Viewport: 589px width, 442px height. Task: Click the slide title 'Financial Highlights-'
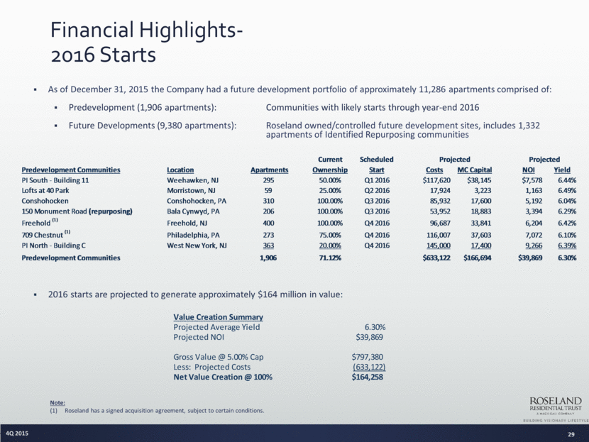(x=146, y=30)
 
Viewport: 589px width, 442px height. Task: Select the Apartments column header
(x=270, y=170)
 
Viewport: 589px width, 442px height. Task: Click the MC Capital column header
(x=475, y=170)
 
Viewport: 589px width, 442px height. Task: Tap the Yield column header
(x=562, y=170)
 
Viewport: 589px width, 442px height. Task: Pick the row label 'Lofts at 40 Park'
(x=45, y=190)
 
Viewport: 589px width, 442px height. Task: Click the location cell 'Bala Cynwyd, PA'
(x=193, y=211)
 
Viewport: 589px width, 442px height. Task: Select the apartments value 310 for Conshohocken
(x=268, y=201)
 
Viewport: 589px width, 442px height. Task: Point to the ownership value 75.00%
(x=330, y=235)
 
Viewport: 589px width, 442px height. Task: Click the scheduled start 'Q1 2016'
(x=377, y=180)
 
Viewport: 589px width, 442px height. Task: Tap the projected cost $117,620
(x=436, y=180)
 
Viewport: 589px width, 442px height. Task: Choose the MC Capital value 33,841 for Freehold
(x=481, y=223)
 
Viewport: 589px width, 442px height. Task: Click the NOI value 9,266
(x=534, y=245)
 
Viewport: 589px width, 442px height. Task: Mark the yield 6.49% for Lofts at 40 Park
(x=567, y=190)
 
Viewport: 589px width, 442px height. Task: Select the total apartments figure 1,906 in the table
(x=268, y=258)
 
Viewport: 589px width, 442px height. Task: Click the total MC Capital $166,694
(x=478, y=258)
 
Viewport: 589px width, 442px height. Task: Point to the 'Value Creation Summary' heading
(x=219, y=317)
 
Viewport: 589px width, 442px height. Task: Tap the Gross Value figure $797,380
(x=368, y=357)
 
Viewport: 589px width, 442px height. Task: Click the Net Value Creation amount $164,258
(x=368, y=377)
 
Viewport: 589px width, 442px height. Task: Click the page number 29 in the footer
(x=571, y=434)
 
